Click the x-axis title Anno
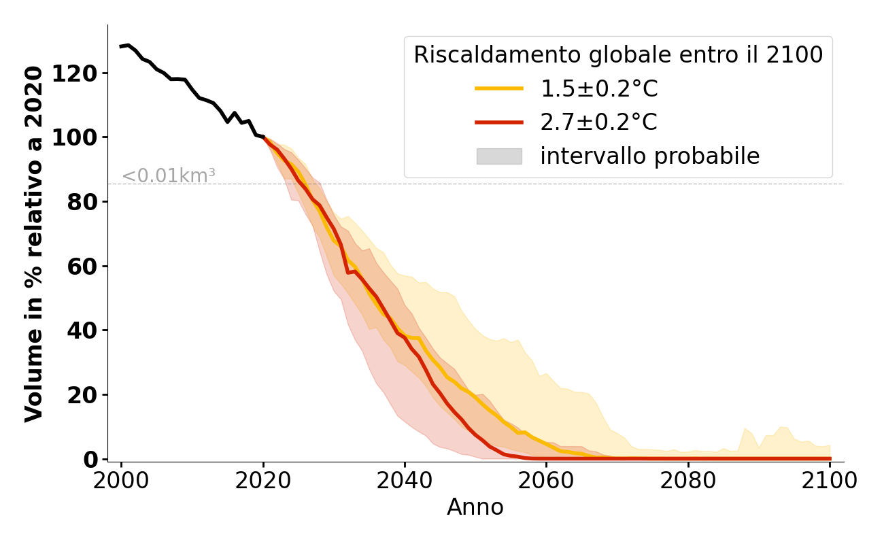tap(475, 507)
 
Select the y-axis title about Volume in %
tap(34, 243)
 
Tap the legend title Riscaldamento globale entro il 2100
tap(618, 55)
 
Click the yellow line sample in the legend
tap(499, 89)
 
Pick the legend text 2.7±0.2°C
tap(598, 122)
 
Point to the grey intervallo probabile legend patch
tap(499, 156)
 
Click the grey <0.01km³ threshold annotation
tap(169, 175)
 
